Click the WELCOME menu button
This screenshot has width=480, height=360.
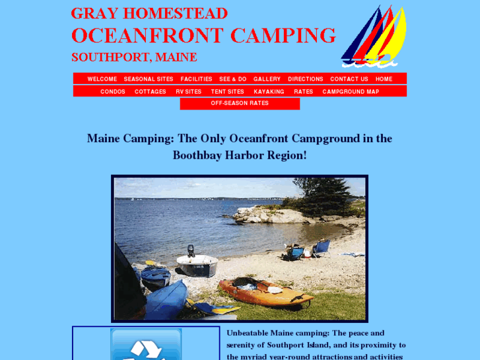coord(102,79)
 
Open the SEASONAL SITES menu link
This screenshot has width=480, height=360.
coord(149,79)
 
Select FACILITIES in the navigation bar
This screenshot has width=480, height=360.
coord(196,79)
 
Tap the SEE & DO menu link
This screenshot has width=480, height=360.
coord(232,79)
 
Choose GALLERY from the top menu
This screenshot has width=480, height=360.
coord(267,79)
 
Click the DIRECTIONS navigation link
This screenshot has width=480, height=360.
coord(305,79)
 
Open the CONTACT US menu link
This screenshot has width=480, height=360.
coord(349,79)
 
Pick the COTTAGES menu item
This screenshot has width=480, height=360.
coord(150,92)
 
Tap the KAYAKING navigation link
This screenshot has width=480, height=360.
coord(269,92)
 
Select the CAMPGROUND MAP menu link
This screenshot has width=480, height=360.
coord(351,92)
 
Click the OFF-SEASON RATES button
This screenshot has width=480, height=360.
coord(240,104)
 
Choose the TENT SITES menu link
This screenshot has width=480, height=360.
coord(227,92)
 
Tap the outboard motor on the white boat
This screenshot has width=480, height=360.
coord(191,250)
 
